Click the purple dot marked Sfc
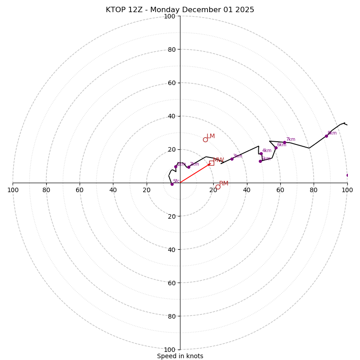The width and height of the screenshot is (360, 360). pos(172,184)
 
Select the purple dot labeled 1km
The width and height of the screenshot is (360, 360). pos(176,166)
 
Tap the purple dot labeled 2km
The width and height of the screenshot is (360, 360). pos(189,167)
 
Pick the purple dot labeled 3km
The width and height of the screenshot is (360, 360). pos(232,159)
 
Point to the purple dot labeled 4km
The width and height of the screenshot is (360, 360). pos(261,154)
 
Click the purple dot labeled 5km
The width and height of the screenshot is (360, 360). pos(260,161)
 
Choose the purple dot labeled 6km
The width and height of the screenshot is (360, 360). pos(276,148)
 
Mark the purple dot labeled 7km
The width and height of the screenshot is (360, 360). pos(284,143)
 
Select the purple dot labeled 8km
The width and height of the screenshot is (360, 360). pos(326,136)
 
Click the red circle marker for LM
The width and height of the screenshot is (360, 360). pos(205,139)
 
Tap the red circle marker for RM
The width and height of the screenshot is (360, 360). pos(218,187)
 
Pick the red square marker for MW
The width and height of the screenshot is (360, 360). pos(211,163)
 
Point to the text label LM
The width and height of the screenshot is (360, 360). pos(211,136)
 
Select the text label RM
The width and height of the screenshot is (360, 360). pos(224,183)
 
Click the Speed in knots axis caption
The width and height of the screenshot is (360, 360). pos(180,356)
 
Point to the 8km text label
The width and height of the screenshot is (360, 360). pos(332,133)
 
